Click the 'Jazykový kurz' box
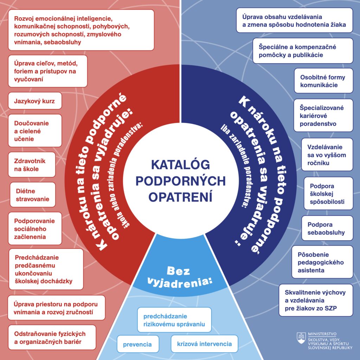pos(34,101)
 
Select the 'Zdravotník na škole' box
pos(32,165)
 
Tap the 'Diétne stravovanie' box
pos(32,195)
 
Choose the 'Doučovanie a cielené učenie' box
pos(34,131)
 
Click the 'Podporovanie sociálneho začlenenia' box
pos(34,229)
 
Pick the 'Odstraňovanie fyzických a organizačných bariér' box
pos(52,337)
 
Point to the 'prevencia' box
pos(137,344)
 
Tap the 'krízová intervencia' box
pos(204,343)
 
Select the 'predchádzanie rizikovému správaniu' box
pos(174,320)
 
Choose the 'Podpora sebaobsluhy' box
pos(327,228)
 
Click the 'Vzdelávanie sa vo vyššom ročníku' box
pos(327,154)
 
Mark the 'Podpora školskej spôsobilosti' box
pos(327,194)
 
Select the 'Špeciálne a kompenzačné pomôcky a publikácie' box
pos(302,51)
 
